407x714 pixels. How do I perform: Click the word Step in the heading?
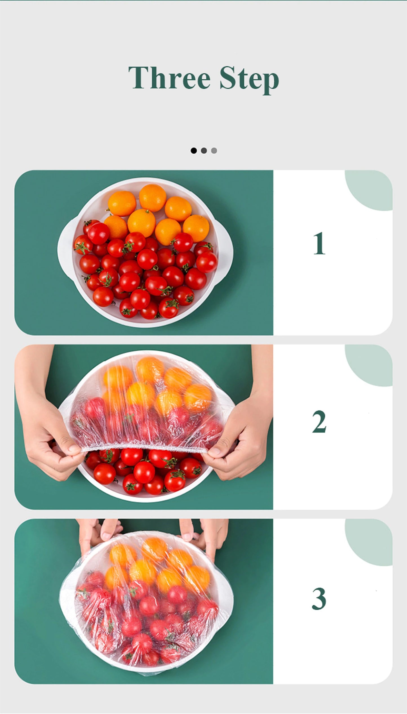pos(249,79)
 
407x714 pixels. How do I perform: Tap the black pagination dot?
pos(194,151)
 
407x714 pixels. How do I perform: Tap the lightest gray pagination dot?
pos(214,151)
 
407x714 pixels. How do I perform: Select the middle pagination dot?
pos(204,151)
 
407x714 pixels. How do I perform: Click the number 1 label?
pos(319,244)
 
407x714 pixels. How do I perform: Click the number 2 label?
pos(319,422)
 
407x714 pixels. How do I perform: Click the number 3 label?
pos(319,599)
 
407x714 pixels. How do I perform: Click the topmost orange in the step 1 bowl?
pos(152,198)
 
